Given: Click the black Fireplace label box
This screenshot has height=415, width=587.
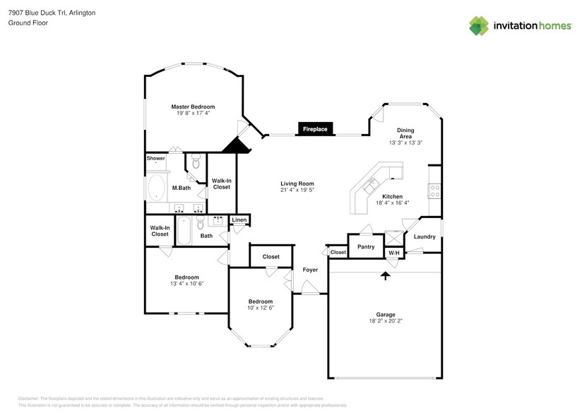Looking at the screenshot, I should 315,129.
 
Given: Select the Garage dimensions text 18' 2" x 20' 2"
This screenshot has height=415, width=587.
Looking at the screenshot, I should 385,320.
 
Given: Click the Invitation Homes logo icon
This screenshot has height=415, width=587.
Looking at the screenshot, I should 480,26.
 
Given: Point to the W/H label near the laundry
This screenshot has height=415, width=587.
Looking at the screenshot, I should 393,253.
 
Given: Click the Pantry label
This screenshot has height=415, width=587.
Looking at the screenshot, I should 366,246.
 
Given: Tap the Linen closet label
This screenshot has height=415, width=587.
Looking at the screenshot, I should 239,221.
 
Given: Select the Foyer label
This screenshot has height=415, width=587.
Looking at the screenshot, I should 310,270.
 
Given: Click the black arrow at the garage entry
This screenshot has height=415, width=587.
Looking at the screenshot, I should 385,275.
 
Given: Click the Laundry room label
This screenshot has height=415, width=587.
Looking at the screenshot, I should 425,236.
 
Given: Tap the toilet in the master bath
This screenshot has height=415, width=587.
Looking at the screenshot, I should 196,161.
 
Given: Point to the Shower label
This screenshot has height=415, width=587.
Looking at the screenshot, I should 155,158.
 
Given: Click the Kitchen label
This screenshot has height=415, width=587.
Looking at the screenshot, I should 392,196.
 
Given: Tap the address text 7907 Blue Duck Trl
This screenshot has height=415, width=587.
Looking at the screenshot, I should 40,13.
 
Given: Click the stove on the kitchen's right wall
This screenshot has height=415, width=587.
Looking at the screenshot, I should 435,191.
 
